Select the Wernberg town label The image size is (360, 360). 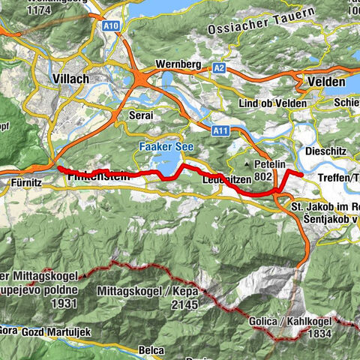point(177,64)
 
